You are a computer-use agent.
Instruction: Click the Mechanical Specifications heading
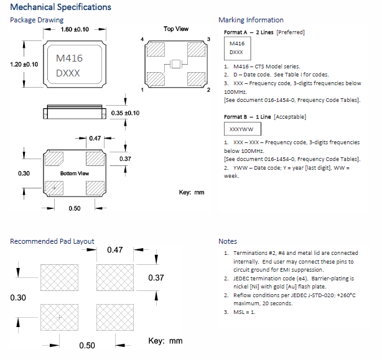61,7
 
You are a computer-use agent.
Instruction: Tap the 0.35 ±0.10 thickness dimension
125,113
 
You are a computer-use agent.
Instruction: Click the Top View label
176,29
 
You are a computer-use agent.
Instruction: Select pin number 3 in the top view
208,39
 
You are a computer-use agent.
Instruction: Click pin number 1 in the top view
143,90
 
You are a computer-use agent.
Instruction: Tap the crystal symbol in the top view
175,64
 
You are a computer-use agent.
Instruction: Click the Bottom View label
75,173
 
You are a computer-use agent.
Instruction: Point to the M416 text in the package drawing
69,58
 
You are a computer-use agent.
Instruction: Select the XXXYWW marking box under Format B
242,129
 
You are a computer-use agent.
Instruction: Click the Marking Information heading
251,20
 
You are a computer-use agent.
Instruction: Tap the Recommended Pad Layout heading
52,241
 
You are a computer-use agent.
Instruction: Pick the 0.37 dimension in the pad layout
157,278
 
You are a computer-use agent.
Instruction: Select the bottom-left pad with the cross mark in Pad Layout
60,317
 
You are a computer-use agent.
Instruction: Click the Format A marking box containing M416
236,48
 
